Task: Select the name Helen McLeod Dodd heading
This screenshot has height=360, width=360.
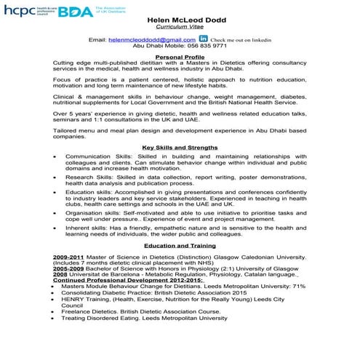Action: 180,20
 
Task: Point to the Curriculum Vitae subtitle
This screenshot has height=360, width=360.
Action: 180,28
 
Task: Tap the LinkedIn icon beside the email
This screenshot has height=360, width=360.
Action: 203,39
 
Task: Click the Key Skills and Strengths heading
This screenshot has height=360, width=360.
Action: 180,148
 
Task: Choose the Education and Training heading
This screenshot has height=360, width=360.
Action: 180,246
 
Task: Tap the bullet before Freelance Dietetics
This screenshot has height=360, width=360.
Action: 55,312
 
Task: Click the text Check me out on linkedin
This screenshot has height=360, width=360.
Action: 241,39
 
